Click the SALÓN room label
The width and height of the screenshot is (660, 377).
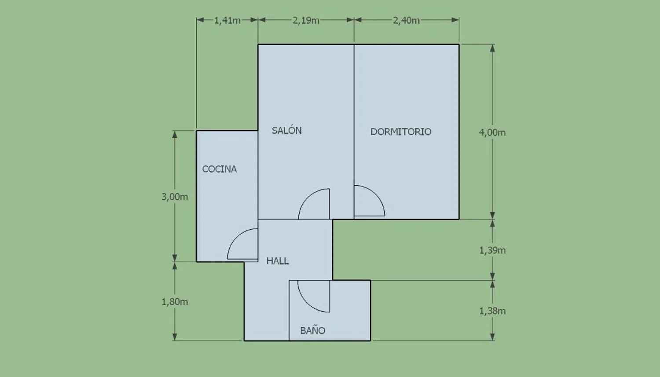287,130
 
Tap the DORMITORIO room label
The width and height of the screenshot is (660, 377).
401,132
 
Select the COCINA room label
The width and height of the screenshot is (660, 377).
220,169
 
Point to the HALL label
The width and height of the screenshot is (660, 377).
278,261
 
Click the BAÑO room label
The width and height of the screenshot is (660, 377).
312,330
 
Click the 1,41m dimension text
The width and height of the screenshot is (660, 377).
227,21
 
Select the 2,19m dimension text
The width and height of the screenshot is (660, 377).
306,21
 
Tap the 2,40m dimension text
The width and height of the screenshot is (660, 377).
406,21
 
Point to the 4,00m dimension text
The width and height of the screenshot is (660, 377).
492,132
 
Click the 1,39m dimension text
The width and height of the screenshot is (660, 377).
492,250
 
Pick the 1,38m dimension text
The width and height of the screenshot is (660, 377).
492,311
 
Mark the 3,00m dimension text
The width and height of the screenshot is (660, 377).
175,197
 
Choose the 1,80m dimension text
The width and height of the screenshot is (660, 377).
175,302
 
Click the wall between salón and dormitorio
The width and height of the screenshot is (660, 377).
354,132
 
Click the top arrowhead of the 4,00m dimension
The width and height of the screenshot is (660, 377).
492,48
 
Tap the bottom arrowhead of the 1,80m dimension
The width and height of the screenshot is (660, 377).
175,337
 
